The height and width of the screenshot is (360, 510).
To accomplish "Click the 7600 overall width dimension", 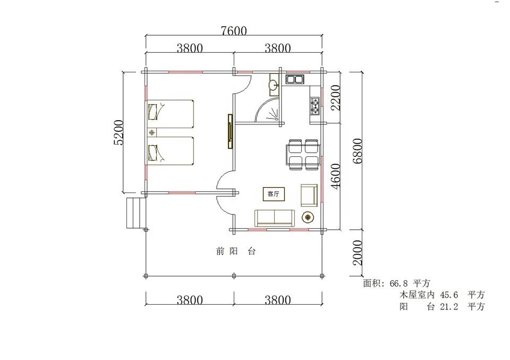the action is [234, 31].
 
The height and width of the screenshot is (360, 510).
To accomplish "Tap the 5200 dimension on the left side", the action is [118, 132].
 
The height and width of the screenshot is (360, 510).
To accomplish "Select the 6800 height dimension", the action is [357, 150].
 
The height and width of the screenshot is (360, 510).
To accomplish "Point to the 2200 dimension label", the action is [335, 98].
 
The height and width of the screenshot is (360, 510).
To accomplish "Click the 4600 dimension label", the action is [335, 176].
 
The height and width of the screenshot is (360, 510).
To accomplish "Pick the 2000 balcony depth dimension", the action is [357, 253].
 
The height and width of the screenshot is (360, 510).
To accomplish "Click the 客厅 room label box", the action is [273, 194].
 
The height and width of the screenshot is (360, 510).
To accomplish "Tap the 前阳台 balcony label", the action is [236, 252].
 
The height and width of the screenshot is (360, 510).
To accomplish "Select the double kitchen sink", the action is [295, 79].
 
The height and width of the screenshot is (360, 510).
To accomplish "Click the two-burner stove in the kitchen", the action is [315, 106].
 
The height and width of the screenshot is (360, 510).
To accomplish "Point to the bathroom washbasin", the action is [274, 85].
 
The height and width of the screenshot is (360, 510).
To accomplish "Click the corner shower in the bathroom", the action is [267, 110].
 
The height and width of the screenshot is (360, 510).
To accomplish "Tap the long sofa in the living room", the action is [275, 218].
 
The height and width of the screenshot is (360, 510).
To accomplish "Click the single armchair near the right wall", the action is [309, 195].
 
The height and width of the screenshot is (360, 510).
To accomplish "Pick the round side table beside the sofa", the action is [308, 217].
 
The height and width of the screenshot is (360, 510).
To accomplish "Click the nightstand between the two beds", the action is [151, 132].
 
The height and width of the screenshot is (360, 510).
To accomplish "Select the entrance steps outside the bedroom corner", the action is [135, 213].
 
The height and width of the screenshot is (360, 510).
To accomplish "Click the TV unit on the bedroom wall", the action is [230, 131].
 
